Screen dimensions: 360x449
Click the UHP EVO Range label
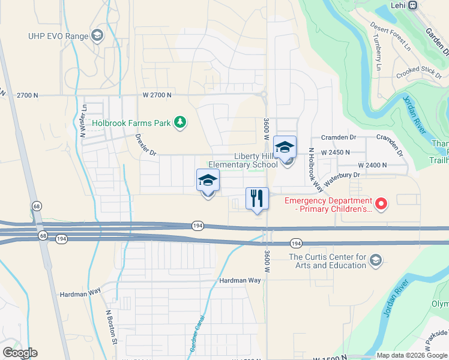point(58,36)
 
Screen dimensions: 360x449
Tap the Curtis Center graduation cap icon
point(376,260)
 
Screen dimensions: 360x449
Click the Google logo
point(20,353)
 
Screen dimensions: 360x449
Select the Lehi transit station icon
point(412,5)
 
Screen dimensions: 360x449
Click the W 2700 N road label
point(157,95)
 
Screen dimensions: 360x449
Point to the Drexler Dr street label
point(146,144)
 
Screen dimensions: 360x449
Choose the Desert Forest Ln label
point(390,35)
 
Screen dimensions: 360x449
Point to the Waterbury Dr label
point(341,178)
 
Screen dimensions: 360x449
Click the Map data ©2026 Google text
point(411,355)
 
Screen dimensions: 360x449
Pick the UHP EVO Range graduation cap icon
point(97,36)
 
